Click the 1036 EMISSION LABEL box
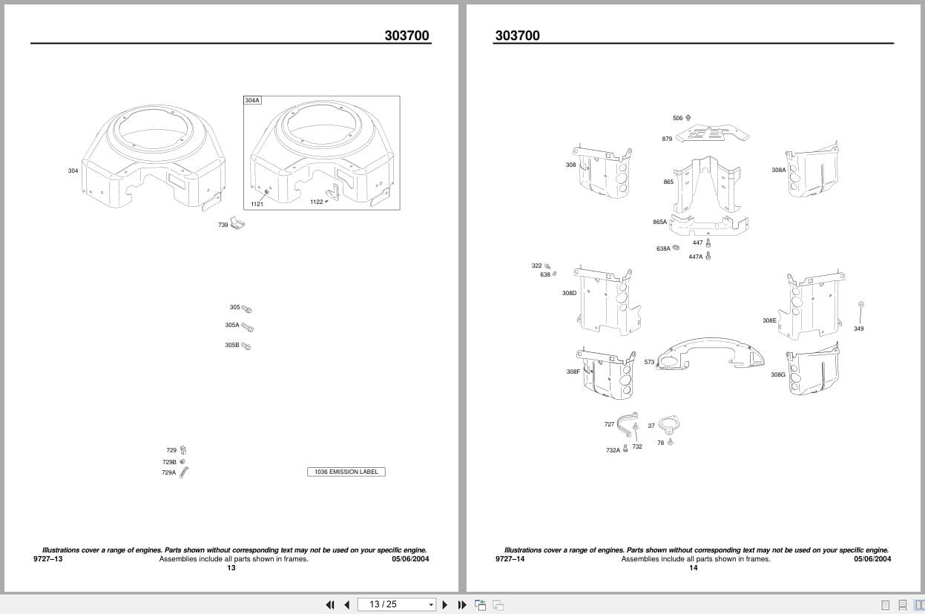tap(346, 472)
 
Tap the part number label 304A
tap(252, 100)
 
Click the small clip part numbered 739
tap(237, 224)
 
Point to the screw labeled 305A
tap(248, 327)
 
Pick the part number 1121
tap(257, 204)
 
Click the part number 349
tap(858, 329)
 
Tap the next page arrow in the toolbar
tap(445, 604)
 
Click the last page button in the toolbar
tap(462, 604)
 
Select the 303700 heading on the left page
tap(406, 35)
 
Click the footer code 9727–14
tap(510, 559)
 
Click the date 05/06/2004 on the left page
tap(410, 559)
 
